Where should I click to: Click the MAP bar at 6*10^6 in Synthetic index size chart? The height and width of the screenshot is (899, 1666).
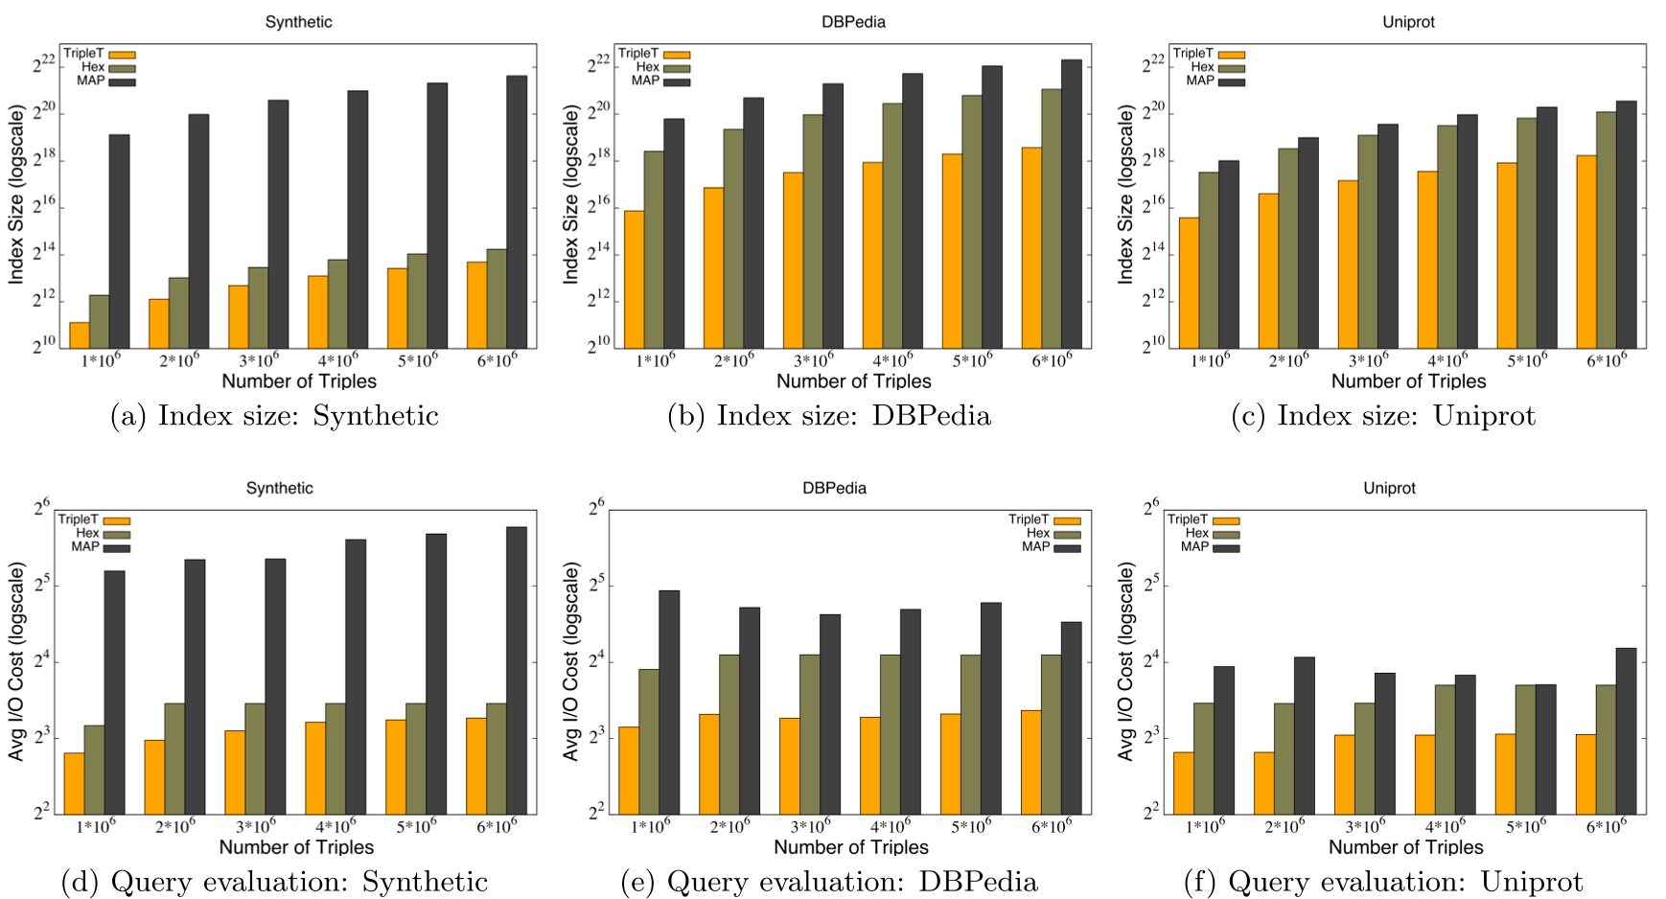click(517, 211)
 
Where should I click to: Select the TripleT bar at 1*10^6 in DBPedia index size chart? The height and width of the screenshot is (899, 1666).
click(634, 279)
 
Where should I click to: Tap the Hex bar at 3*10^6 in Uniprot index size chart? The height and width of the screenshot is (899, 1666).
click(1368, 241)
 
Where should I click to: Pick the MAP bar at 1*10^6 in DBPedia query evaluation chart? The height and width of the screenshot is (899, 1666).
click(669, 702)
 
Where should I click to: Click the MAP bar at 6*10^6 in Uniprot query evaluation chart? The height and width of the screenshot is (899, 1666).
click(1626, 730)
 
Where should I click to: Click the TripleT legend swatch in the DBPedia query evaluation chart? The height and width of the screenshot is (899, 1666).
click(1067, 521)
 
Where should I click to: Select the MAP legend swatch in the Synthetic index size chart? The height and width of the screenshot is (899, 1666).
click(122, 82)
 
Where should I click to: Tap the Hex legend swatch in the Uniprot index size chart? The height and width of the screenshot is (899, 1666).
click(1231, 68)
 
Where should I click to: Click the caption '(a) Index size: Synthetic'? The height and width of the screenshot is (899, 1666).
click(274, 416)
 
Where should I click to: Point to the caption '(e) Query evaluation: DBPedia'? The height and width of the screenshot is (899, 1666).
click(829, 882)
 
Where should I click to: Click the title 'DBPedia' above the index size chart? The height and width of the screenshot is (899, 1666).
click(853, 22)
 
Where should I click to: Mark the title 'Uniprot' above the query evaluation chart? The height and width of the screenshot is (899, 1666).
click(1389, 488)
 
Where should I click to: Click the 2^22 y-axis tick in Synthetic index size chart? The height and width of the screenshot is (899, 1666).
click(43, 65)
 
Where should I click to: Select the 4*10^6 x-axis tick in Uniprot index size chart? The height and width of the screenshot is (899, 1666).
click(1446, 360)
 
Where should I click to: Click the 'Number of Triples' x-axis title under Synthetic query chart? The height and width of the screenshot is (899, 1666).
click(296, 847)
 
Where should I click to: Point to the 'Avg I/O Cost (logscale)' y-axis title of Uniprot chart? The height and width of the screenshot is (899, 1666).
click(1125, 661)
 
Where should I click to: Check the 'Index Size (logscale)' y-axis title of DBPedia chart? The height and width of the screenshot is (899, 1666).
click(571, 195)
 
